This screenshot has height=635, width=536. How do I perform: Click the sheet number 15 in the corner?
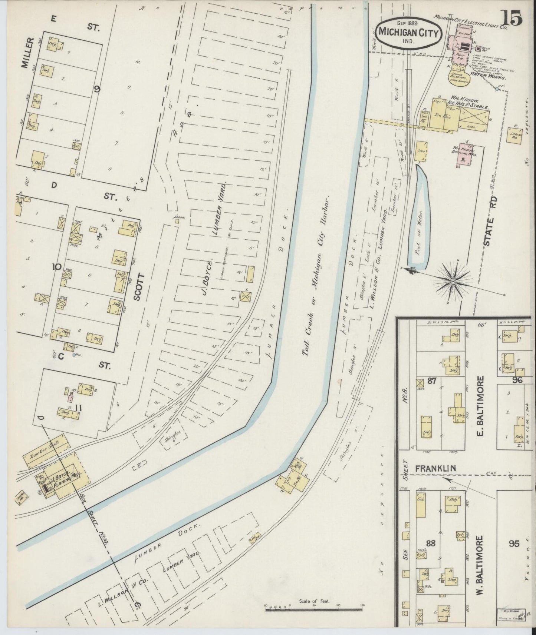click(512, 17)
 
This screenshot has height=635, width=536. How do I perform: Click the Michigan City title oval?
click(408, 32)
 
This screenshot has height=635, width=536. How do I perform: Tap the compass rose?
click(453, 281)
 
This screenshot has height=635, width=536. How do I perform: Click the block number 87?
click(431, 381)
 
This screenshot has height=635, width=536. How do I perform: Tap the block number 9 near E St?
click(97, 89)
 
